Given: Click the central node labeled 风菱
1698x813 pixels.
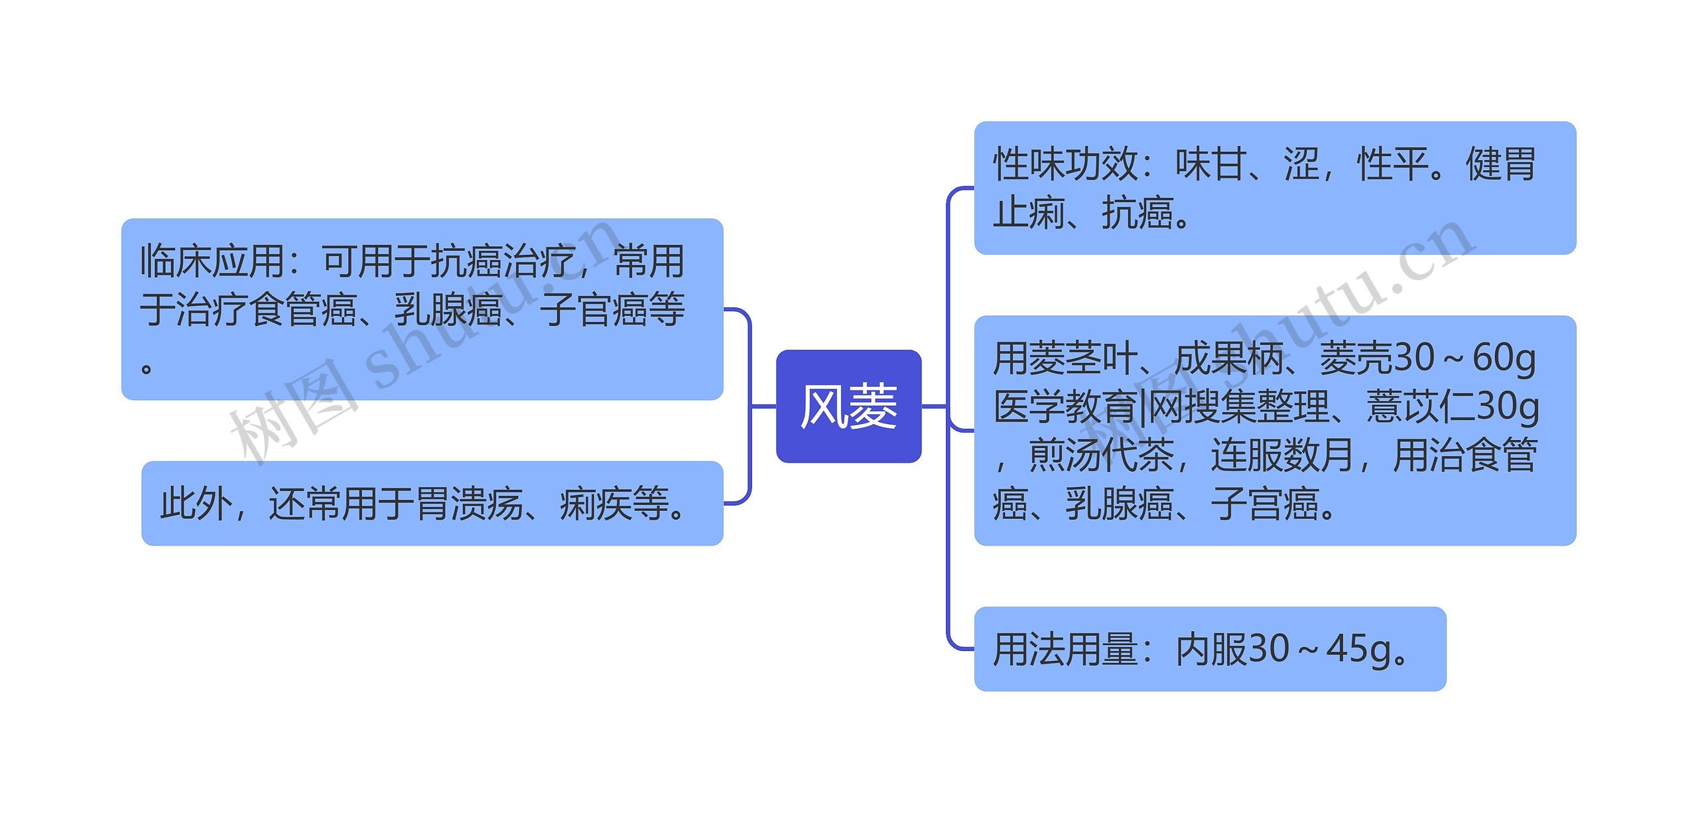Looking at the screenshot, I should pyautogui.click(x=848, y=406).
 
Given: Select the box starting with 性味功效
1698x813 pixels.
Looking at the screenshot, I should pyautogui.click(x=1274, y=188).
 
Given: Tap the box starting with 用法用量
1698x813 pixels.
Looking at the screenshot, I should pyautogui.click(x=1209, y=648).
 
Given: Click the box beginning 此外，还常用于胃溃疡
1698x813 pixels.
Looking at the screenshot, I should pyautogui.click(x=432, y=503).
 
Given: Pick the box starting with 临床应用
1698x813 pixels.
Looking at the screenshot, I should pyautogui.click(x=422, y=309).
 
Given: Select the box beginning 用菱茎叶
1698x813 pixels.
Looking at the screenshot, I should pyautogui.click(x=1274, y=430).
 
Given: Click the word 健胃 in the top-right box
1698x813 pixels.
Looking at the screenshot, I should pyautogui.click(x=1500, y=164).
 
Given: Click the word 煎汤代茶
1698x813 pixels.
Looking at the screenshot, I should pyautogui.click(x=1100, y=455).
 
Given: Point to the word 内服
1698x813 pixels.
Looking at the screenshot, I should pyautogui.click(x=1211, y=649).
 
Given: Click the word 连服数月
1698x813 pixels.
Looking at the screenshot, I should pyautogui.click(x=1282, y=455).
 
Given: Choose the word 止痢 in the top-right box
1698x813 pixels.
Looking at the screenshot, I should pyautogui.click(x=1029, y=212).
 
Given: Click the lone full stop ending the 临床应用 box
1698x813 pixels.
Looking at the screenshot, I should pyautogui.click(x=147, y=366).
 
